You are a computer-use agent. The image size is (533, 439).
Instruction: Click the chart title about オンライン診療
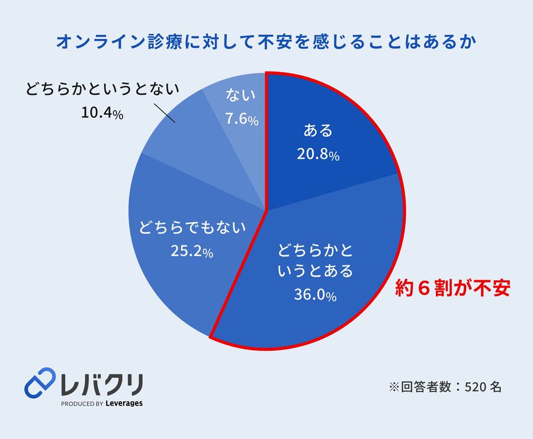click(x=266, y=43)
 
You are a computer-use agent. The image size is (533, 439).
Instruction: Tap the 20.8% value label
click(x=317, y=155)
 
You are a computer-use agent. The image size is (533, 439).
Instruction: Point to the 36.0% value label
click(x=315, y=294)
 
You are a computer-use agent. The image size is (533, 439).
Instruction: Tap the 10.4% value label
click(x=102, y=113)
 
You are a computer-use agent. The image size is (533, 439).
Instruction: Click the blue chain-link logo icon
click(x=40, y=383)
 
